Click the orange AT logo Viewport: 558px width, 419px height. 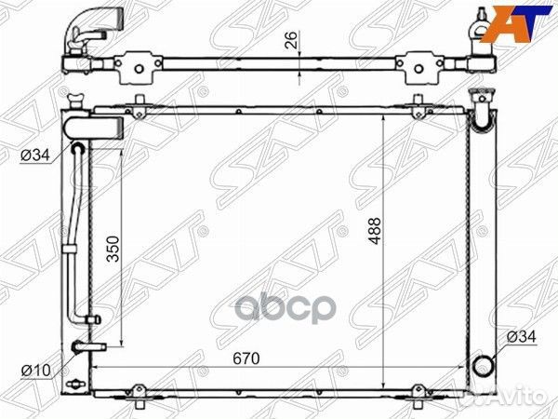(x=515, y=24)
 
